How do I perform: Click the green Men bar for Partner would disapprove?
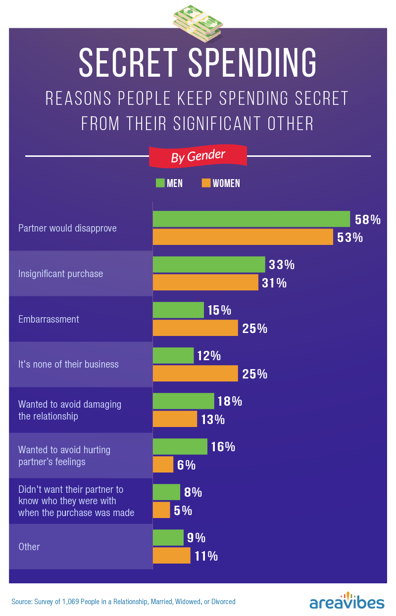(251, 219)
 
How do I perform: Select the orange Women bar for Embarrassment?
(195, 328)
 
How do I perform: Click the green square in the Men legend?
(160, 183)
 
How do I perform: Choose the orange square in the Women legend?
(206, 183)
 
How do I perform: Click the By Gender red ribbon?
(198, 156)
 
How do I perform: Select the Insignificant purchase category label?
(60, 274)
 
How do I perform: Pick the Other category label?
(29, 547)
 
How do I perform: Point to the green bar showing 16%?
(180, 446)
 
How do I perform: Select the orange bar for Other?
(171, 556)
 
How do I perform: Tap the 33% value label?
(282, 265)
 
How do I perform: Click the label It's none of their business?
(68, 364)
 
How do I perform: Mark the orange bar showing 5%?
(161, 510)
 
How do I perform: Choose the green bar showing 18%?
(183, 401)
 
